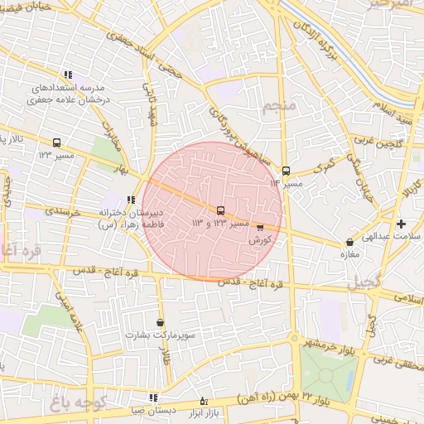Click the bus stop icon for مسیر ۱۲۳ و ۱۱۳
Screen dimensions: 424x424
coord(220,210)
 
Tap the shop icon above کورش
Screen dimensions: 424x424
coord(261,226)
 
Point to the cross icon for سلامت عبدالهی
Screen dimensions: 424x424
coord(402,224)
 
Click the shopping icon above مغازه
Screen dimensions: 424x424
coord(349,243)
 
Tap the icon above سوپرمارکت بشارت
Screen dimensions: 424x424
coord(160,323)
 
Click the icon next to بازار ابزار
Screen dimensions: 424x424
coord(204,401)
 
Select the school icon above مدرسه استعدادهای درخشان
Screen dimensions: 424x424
coord(68,75)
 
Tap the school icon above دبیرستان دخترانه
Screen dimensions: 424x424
coord(131,199)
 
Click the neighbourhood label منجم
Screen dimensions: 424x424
coord(277,108)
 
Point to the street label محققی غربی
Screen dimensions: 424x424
coord(397,360)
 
